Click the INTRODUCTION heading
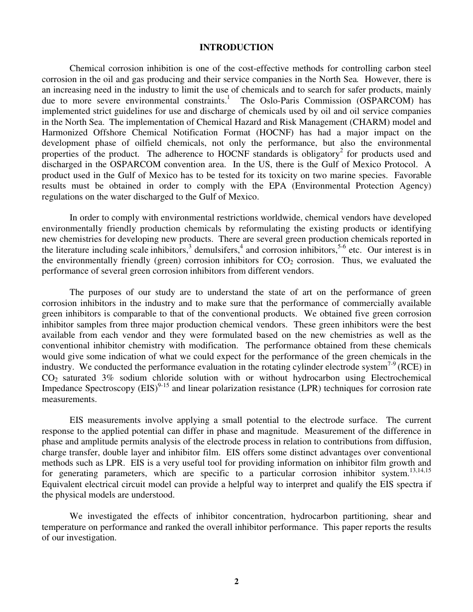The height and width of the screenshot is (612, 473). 236,47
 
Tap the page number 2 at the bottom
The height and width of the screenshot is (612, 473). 236,581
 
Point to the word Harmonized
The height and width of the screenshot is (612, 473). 62,132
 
